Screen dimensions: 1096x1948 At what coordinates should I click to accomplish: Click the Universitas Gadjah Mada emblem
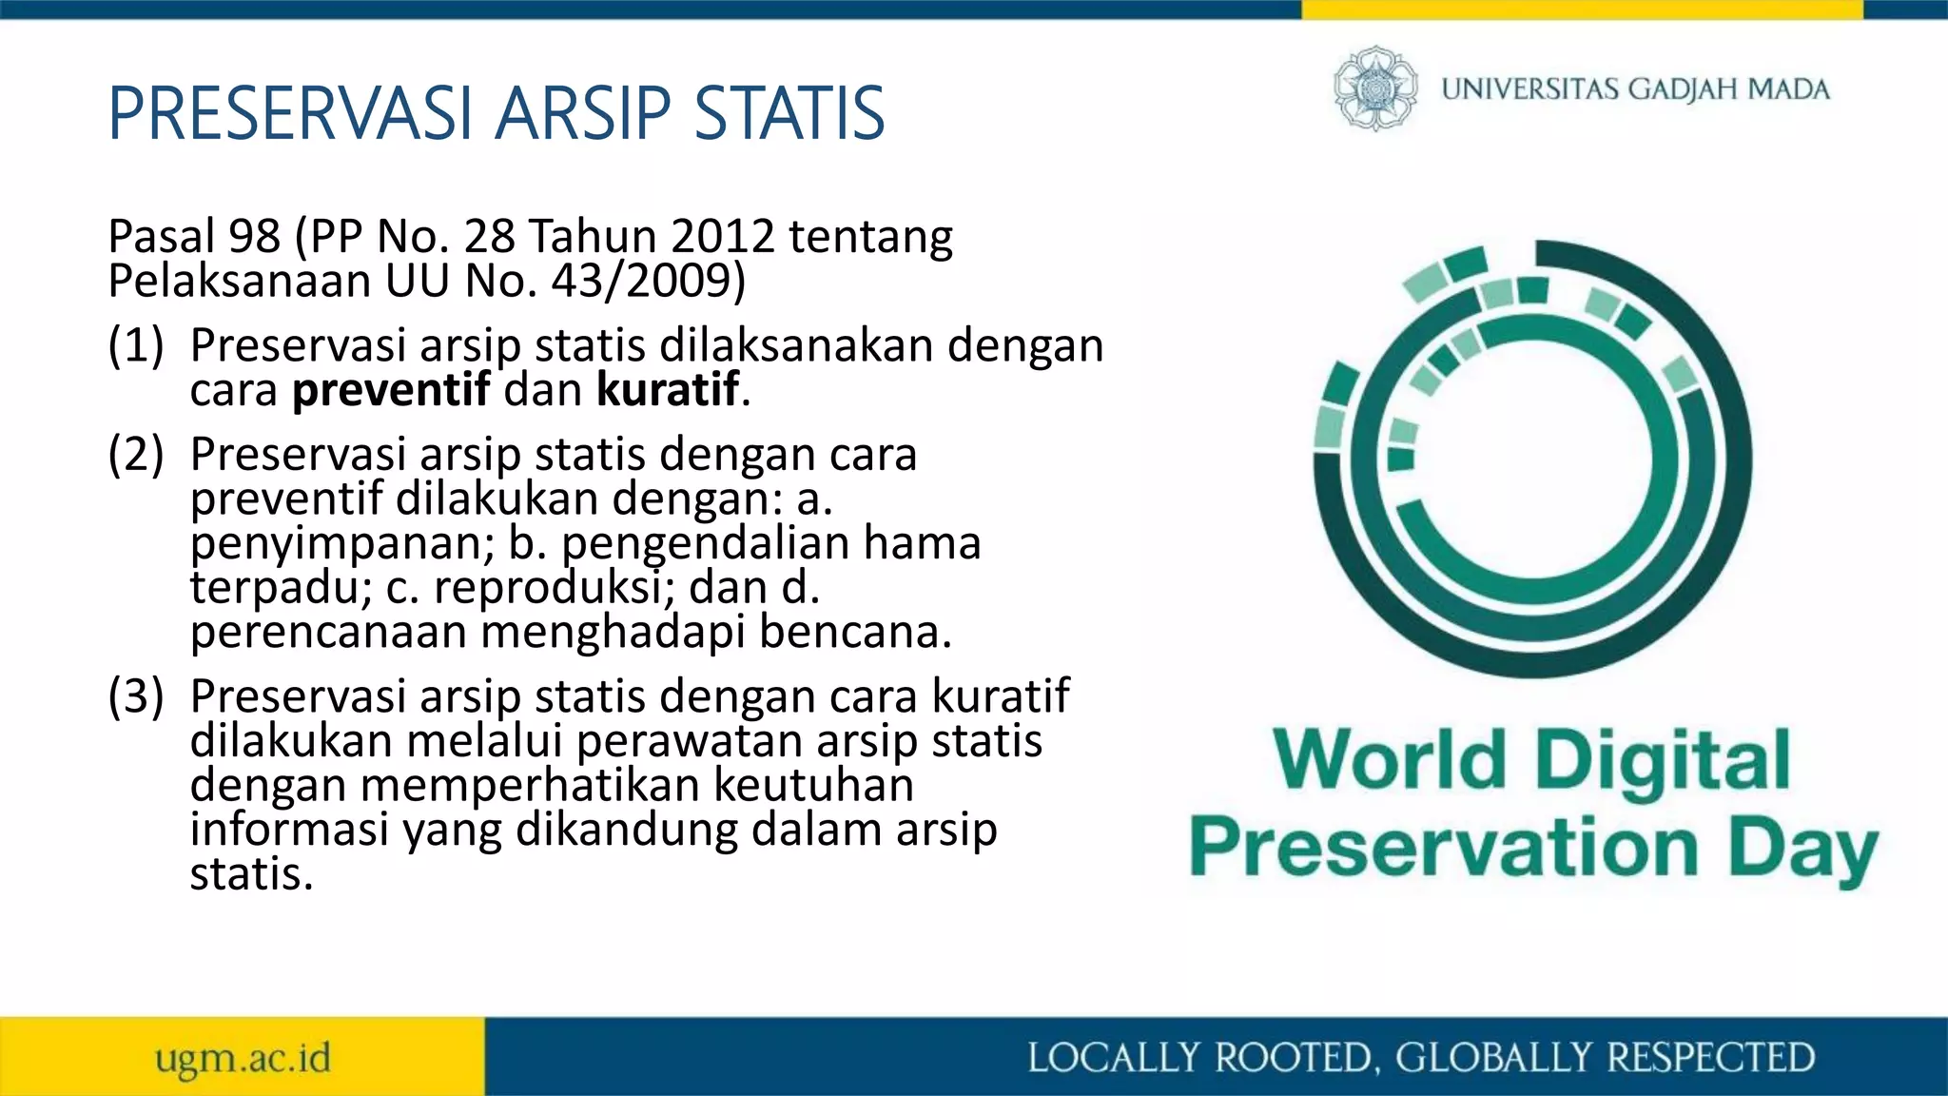click(x=1374, y=88)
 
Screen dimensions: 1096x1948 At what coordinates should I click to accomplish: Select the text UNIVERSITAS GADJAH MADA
click(x=1635, y=89)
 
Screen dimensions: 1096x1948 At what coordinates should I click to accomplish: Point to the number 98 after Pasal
click(x=255, y=236)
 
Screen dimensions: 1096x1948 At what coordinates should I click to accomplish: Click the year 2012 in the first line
click(x=723, y=236)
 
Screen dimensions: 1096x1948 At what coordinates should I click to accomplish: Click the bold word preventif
click(x=391, y=389)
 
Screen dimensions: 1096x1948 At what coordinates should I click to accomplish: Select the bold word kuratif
click(x=668, y=389)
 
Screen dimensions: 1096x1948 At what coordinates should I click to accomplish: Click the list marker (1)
click(x=136, y=345)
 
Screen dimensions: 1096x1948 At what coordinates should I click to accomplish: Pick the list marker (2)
click(x=136, y=455)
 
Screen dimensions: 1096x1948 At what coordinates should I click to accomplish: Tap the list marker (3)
click(x=136, y=696)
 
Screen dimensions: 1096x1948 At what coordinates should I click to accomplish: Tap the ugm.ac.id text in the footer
click(x=243, y=1058)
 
